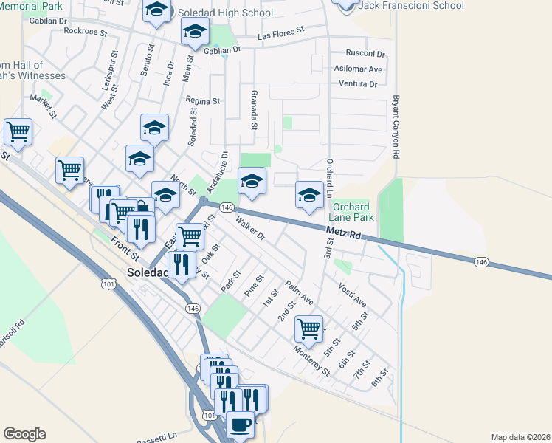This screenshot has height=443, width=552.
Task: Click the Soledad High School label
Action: pos(225,13)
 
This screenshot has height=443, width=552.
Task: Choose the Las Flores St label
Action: pos(281,33)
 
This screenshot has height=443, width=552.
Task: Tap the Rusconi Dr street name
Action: pos(366,54)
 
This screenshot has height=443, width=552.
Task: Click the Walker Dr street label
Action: pos(249,227)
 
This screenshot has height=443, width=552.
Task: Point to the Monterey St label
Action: pos(311,360)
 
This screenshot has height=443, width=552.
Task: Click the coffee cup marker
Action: pos(239,425)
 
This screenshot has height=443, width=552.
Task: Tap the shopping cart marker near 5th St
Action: pos(308,326)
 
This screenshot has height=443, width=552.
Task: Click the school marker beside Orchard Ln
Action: pos(308,195)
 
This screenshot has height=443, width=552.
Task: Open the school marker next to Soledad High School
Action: pos(156,10)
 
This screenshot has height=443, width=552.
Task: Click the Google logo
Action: pos(24,434)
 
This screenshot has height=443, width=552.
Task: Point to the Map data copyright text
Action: pos(520,437)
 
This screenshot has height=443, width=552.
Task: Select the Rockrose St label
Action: pos(86,31)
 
